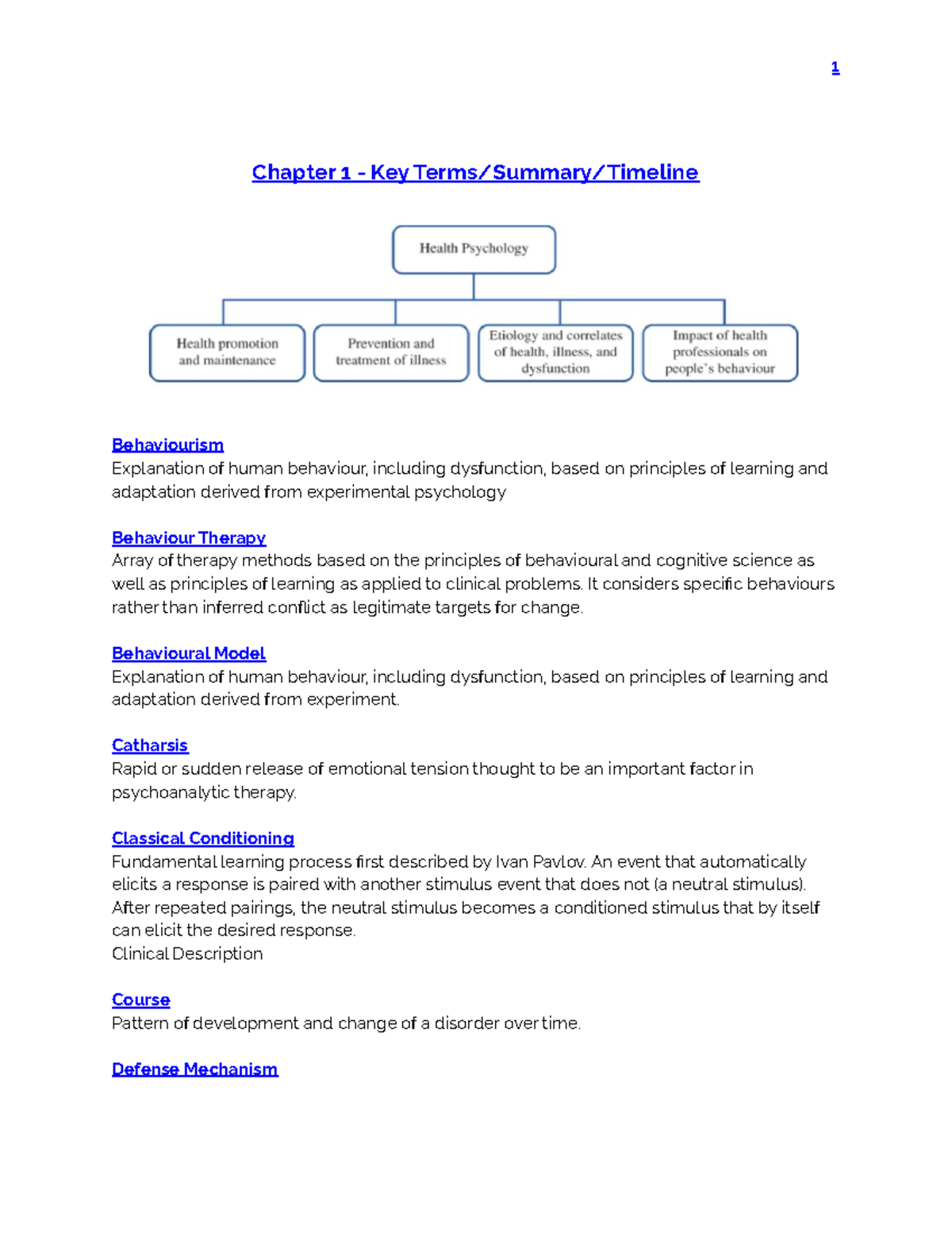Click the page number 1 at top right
(835, 68)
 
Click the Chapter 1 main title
(475, 172)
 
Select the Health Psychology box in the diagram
(474, 249)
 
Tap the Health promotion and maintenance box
(227, 353)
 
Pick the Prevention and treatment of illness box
(391, 353)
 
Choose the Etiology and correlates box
(555, 353)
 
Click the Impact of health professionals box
(720, 353)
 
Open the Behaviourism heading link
(167, 445)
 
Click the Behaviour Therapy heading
(189, 538)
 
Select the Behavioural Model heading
(189, 653)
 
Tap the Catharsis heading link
(150, 746)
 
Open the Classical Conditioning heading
(203, 838)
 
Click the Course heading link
(141, 1000)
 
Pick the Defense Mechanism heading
(195, 1069)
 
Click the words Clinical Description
(187, 954)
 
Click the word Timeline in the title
(653, 172)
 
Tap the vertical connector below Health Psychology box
(474, 287)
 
